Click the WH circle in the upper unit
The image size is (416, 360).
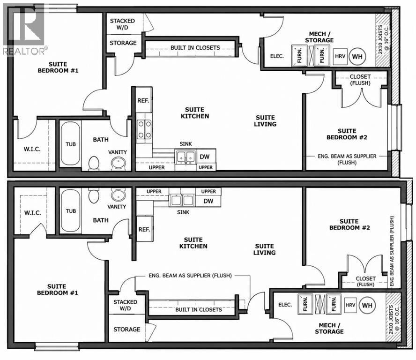[357, 56]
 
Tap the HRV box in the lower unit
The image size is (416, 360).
[350, 305]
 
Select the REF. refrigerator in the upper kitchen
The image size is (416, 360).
[143, 100]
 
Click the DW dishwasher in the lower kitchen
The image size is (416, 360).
[208, 201]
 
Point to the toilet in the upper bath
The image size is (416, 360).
[93, 163]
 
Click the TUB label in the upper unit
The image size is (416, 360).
[71, 144]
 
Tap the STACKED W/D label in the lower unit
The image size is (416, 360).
[125, 305]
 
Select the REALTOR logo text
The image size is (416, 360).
[25, 51]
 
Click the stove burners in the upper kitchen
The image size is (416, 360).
[144, 129]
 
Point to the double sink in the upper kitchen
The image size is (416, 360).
[186, 157]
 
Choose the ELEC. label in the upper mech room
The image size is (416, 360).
[277, 56]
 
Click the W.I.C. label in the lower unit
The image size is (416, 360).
[33, 213]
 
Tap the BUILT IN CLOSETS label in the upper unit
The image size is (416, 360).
[195, 48]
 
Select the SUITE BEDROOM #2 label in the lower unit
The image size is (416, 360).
[349, 225]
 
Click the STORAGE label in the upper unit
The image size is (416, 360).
[123, 43]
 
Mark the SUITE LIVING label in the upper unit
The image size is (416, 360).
[265, 121]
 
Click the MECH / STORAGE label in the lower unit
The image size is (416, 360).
[329, 328]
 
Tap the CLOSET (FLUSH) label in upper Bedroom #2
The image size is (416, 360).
[360, 80]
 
